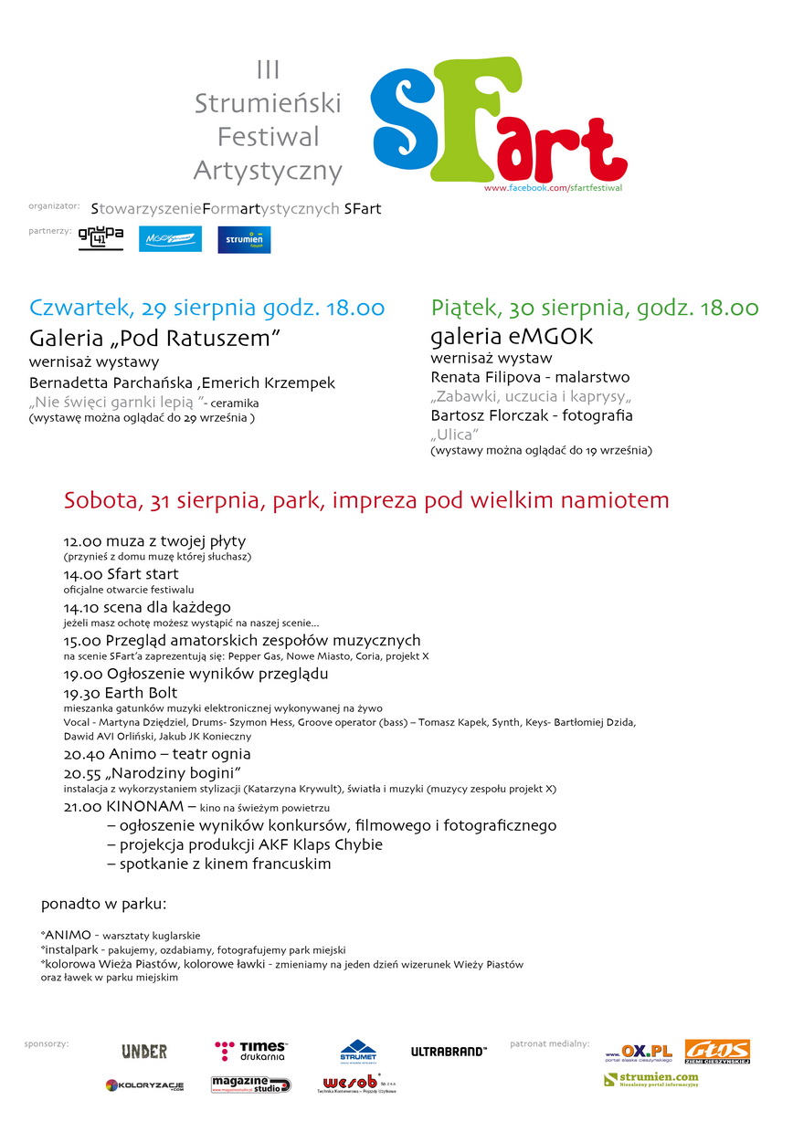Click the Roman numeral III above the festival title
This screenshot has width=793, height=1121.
(x=268, y=70)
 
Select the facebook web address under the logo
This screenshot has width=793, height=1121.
(x=553, y=187)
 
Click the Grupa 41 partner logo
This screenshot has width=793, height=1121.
(x=101, y=238)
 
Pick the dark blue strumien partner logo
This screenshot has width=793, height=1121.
(x=244, y=239)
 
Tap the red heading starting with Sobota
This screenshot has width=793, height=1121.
(x=366, y=500)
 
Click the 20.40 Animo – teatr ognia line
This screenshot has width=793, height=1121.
(x=157, y=754)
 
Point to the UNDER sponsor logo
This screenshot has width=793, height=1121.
(x=144, y=1052)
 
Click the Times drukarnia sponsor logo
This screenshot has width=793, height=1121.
(x=251, y=1052)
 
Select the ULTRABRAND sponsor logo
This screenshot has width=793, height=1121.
(x=448, y=1052)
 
